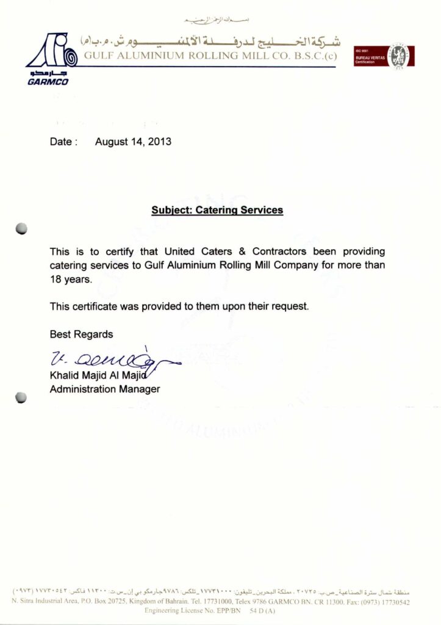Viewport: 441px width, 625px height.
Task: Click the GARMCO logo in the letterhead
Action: (x=52, y=59)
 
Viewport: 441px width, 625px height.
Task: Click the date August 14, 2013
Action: (x=133, y=142)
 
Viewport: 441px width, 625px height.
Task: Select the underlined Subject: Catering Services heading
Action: (x=217, y=210)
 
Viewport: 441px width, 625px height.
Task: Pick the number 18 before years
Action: (x=56, y=280)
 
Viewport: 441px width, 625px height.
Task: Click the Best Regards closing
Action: (x=81, y=334)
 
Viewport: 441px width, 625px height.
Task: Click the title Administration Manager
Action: (x=104, y=389)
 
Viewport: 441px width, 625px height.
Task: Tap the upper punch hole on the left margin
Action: (x=21, y=229)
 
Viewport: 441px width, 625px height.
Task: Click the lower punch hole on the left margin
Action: (x=21, y=397)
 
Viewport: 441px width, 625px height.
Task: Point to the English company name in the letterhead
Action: (x=210, y=57)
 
